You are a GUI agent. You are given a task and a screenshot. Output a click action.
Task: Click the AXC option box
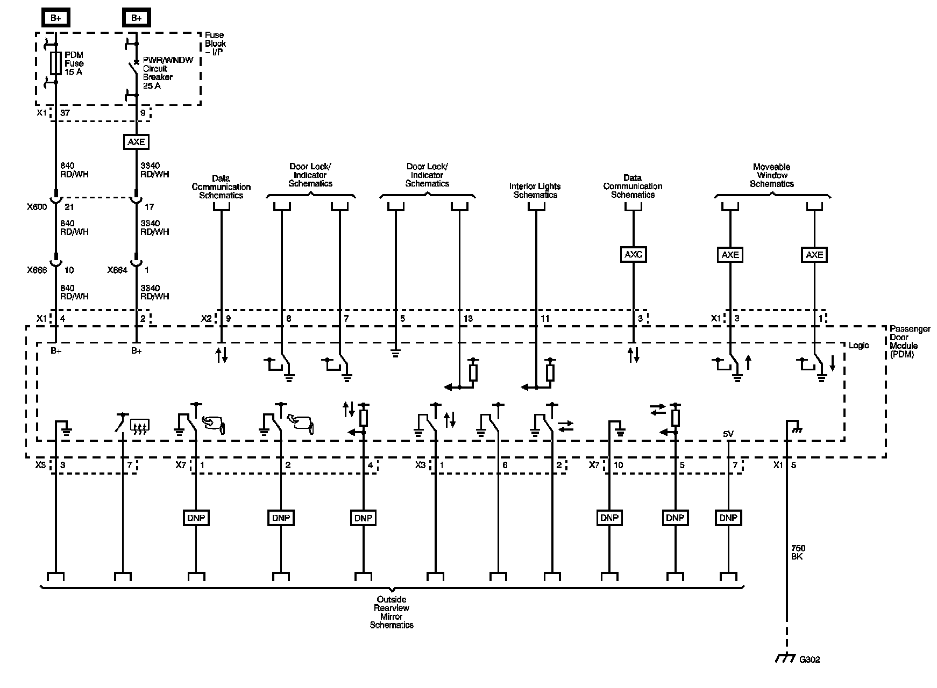click(x=633, y=254)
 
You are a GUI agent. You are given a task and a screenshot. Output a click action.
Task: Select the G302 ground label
click(x=810, y=660)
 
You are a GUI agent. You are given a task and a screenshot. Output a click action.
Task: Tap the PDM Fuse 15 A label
click(x=74, y=63)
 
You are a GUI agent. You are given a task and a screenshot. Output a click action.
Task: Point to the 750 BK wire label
click(x=798, y=552)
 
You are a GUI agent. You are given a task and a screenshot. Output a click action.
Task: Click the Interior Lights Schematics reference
click(x=535, y=190)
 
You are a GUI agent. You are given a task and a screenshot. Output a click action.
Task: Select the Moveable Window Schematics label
click(x=772, y=175)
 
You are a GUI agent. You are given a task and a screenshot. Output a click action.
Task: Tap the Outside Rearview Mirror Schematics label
click(x=392, y=612)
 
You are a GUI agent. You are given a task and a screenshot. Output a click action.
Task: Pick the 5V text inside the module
click(x=728, y=434)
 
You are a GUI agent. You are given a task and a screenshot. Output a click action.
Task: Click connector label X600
click(x=37, y=207)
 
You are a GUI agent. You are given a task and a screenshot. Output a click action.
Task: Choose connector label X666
click(x=37, y=270)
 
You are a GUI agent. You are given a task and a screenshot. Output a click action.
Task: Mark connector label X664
click(x=117, y=270)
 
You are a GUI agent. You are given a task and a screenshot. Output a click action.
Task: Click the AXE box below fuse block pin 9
click(x=136, y=141)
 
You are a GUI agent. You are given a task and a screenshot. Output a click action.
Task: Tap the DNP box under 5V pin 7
click(x=728, y=518)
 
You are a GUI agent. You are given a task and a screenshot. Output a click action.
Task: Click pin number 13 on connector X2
click(x=468, y=319)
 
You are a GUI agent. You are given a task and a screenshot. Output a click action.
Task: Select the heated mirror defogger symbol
click(x=140, y=427)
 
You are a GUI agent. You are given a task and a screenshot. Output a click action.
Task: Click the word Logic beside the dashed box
click(x=858, y=345)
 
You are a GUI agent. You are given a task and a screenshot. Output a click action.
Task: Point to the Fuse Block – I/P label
click(x=215, y=43)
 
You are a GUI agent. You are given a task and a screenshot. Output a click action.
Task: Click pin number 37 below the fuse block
click(x=65, y=113)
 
